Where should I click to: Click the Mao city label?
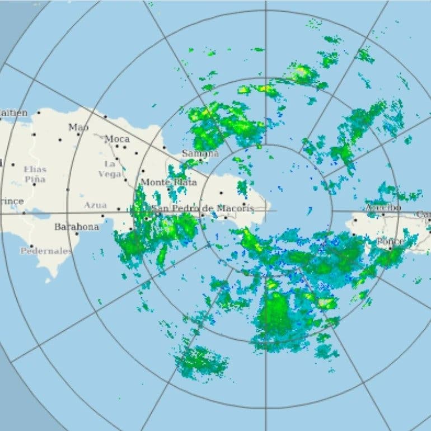(78, 127)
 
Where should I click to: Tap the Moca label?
(117, 138)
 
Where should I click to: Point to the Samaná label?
(200, 153)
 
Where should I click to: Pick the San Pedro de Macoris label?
(203, 208)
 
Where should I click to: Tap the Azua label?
(95, 205)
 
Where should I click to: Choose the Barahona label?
(76, 227)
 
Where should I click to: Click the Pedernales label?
(46, 251)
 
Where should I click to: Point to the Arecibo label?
(383, 208)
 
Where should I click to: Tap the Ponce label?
(390, 241)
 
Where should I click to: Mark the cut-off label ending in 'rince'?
(12, 201)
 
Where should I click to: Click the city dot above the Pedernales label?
(31, 246)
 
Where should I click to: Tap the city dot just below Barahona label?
(77, 234)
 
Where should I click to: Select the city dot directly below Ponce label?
(390, 247)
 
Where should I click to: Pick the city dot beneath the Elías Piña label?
(35, 184)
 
